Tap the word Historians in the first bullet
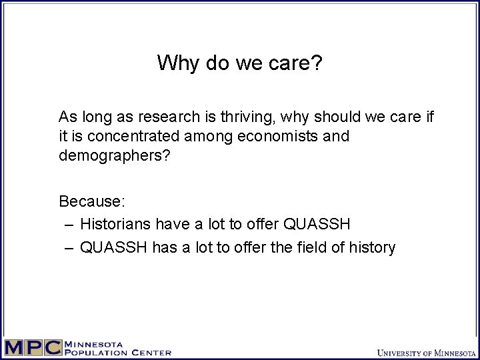(x=114, y=224)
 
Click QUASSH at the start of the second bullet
(x=114, y=247)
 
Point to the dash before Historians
(x=69, y=224)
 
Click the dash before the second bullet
(x=69, y=247)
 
